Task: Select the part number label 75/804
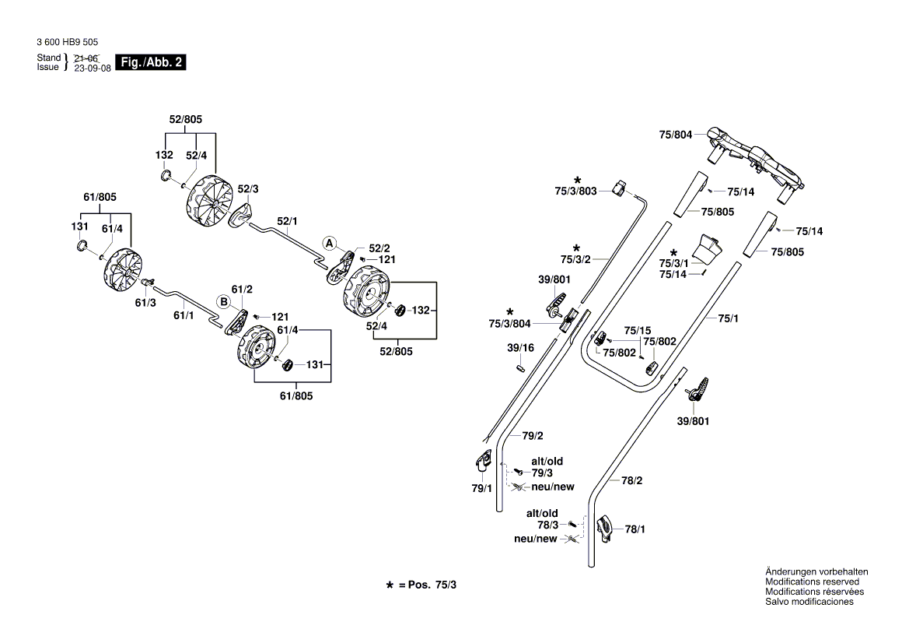(675, 135)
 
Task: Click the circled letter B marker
(223, 301)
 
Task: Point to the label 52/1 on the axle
(288, 220)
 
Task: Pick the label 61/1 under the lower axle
(184, 315)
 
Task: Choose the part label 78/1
(635, 529)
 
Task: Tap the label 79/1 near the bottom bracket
(482, 488)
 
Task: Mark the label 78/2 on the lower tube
(631, 481)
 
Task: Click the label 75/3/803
(575, 191)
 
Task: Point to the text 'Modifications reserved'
(812, 582)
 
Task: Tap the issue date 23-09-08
(93, 68)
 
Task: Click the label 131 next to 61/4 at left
(80, 227)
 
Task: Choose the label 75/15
(638, 330)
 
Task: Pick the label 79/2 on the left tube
(532, 436)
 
